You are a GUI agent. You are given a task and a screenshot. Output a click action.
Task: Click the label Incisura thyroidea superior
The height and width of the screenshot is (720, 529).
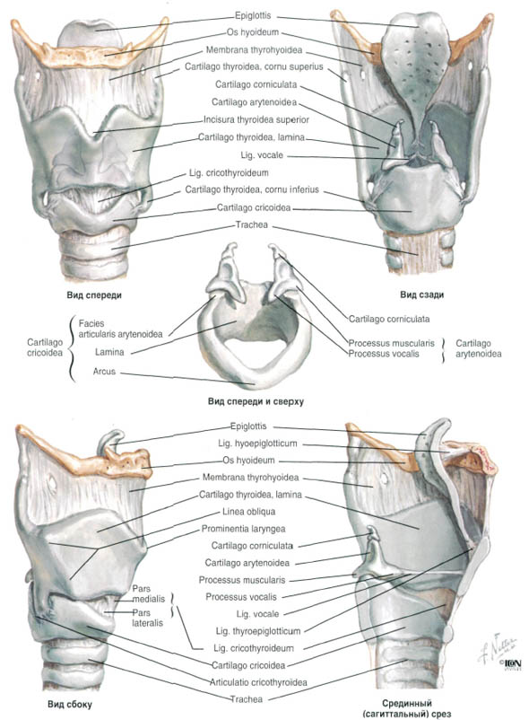[256, 119]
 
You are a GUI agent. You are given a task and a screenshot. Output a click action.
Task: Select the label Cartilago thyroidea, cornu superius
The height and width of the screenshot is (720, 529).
[254, 67]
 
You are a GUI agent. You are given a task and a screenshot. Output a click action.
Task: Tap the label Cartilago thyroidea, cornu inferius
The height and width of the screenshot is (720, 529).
[252, 189]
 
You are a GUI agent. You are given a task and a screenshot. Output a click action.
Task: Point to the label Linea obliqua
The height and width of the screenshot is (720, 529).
[249, 512]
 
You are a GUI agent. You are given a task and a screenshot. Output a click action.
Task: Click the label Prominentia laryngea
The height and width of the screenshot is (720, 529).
[243, 529]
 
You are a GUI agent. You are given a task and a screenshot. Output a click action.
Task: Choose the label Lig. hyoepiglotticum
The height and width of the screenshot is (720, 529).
[257, 443]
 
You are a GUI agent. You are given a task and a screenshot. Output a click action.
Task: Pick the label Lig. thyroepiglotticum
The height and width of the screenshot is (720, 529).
[258, 631]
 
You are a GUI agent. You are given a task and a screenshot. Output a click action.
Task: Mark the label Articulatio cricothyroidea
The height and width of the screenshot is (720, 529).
[258, 682]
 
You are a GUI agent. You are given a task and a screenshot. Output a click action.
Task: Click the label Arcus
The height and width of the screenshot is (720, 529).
[105, 372]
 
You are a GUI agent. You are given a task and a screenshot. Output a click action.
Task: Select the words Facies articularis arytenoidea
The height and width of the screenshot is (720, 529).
[120, 329]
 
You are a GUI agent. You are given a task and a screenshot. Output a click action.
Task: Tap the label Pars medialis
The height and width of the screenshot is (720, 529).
[149, 593]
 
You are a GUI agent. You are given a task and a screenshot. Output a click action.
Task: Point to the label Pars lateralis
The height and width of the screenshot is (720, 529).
[148, 618]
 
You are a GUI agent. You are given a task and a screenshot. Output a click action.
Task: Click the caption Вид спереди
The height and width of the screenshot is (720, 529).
[94, 295]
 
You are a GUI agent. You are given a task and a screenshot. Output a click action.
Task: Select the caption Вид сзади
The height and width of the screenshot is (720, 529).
[421, 294]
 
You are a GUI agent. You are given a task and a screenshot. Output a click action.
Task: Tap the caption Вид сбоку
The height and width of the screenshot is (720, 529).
[70, 705]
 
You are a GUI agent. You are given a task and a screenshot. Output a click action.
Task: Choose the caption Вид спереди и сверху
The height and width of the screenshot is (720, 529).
[256, 402]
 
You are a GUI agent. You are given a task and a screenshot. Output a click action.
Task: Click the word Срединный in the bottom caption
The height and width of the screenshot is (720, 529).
[407, 703]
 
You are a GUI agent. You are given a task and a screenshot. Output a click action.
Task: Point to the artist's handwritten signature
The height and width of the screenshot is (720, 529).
[498, 646]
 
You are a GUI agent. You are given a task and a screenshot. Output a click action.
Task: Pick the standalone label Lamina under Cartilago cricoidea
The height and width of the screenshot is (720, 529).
[109, 352]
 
